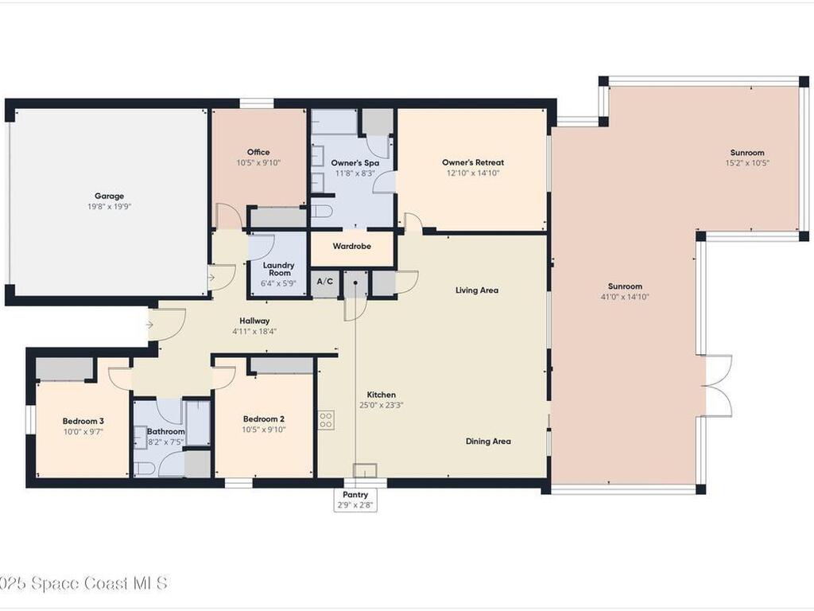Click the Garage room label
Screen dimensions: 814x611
109,196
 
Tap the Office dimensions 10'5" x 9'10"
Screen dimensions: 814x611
258,162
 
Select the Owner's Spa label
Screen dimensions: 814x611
355,162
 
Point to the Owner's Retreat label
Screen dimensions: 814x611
473,162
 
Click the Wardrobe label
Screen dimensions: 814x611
351,247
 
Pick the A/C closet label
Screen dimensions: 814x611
325,281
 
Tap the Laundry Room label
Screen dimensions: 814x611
279,269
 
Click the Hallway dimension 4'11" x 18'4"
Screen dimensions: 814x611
254,331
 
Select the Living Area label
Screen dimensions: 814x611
477,290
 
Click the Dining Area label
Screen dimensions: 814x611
488,441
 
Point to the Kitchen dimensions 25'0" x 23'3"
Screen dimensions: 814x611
381,405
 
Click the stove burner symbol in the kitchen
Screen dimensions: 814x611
326,420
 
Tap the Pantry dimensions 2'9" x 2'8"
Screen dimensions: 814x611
355,504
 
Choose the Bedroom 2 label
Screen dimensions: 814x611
264,418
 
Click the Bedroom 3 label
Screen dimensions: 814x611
83,421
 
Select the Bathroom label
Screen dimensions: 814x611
165,431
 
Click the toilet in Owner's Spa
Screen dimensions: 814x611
323,211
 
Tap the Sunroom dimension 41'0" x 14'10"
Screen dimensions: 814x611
625,297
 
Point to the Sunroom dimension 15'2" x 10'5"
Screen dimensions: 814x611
747,162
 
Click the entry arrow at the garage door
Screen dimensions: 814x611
211,278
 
